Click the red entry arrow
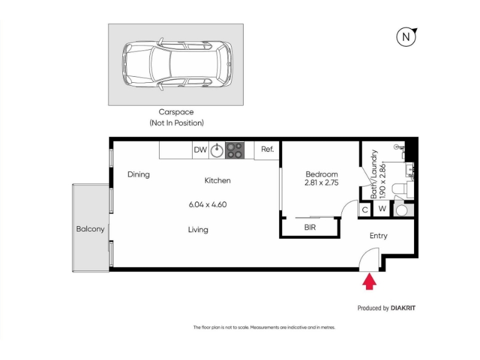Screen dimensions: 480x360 tap(370, 281)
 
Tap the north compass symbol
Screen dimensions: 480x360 tap(407, 37)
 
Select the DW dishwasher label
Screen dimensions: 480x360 tap(200, 149)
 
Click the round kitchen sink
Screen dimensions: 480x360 tap(217, 150)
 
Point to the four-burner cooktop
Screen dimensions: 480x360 tap(235, 151)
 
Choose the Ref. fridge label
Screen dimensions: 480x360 tap(267, 149)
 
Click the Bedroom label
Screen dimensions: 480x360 tap(322, 175)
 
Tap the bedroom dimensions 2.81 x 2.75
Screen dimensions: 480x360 tap(322, 183)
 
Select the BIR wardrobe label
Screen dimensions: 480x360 tap(310, 227)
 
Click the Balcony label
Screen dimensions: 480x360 tap(91, 229)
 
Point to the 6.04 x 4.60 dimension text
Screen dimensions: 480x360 tap(208, 205)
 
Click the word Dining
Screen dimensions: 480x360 tap(139, 175)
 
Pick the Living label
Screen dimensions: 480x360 tap(198, 230)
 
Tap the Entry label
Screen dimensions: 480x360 tap(379, 236)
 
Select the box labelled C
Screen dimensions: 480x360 tap(365, 209)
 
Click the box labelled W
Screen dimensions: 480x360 tap(382, 209)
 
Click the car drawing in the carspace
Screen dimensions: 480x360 tap(177, 64)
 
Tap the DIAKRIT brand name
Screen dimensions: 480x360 tap(403, 308)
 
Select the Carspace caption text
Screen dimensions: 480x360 tap(176, 112)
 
